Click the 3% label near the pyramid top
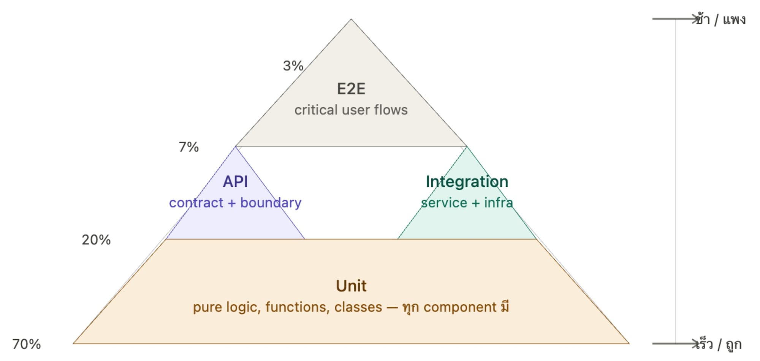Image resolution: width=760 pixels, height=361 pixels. (293, 66)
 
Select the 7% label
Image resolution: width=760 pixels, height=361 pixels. (188, 147)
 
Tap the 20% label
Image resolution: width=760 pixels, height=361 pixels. (96, 240)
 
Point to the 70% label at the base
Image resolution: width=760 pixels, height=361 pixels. (26, 344)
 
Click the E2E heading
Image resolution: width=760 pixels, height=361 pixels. (351, 89)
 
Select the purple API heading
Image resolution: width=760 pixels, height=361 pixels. (235, 182)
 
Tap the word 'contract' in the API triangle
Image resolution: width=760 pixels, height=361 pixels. (196, 203)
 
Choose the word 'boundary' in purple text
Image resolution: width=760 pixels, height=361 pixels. (271, 203)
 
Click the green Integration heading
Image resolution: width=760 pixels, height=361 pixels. (467, 182)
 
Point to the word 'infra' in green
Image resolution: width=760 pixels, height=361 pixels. (498, 203)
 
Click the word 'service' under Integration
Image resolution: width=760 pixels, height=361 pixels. (444, 203)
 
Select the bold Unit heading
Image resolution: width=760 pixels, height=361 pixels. (351, 286)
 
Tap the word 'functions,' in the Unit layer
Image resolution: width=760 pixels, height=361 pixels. (297, 307)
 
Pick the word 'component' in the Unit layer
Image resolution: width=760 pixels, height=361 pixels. (460, 307)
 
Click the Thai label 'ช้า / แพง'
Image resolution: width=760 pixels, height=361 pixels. (720, 19)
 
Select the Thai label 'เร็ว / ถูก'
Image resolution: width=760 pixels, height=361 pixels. (718, 344)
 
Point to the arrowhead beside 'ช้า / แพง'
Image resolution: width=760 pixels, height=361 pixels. (695, 19)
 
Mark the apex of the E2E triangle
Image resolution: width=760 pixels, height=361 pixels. (351, 19)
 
